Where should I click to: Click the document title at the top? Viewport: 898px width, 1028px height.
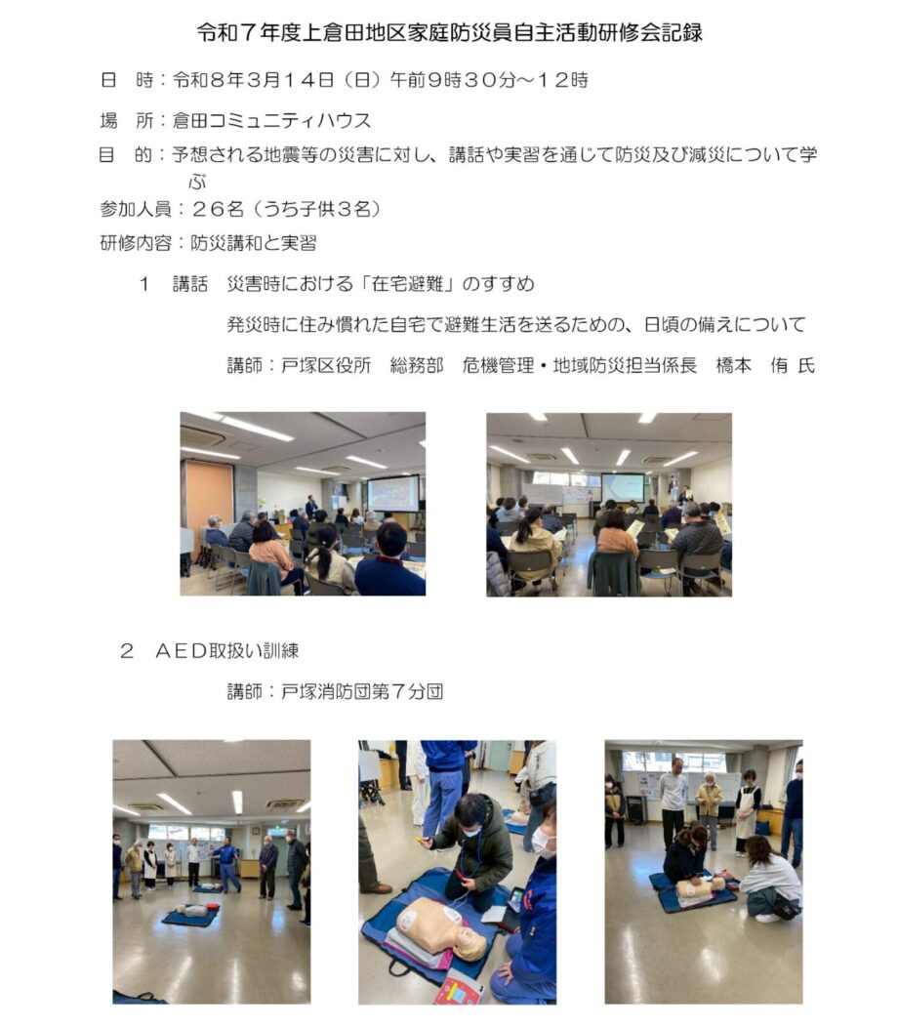click(450, 32)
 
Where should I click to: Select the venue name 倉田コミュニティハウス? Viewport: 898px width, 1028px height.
click(271, 121)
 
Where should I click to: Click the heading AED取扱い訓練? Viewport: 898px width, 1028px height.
click(226, 651)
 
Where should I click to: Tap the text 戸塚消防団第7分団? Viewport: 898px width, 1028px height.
click(362, 691)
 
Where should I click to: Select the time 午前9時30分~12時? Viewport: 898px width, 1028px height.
click(489, 80)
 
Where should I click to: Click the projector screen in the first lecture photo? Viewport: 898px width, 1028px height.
click(392, 494)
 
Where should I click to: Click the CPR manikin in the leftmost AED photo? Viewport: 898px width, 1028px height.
click(190, 910)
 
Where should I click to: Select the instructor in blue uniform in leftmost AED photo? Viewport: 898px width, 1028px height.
click(226, 864)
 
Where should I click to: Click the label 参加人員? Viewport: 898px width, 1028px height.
click(135, 209)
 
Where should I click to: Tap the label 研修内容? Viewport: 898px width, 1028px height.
click(135, 243)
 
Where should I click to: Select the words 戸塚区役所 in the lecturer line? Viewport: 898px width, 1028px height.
click(326, 365)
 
